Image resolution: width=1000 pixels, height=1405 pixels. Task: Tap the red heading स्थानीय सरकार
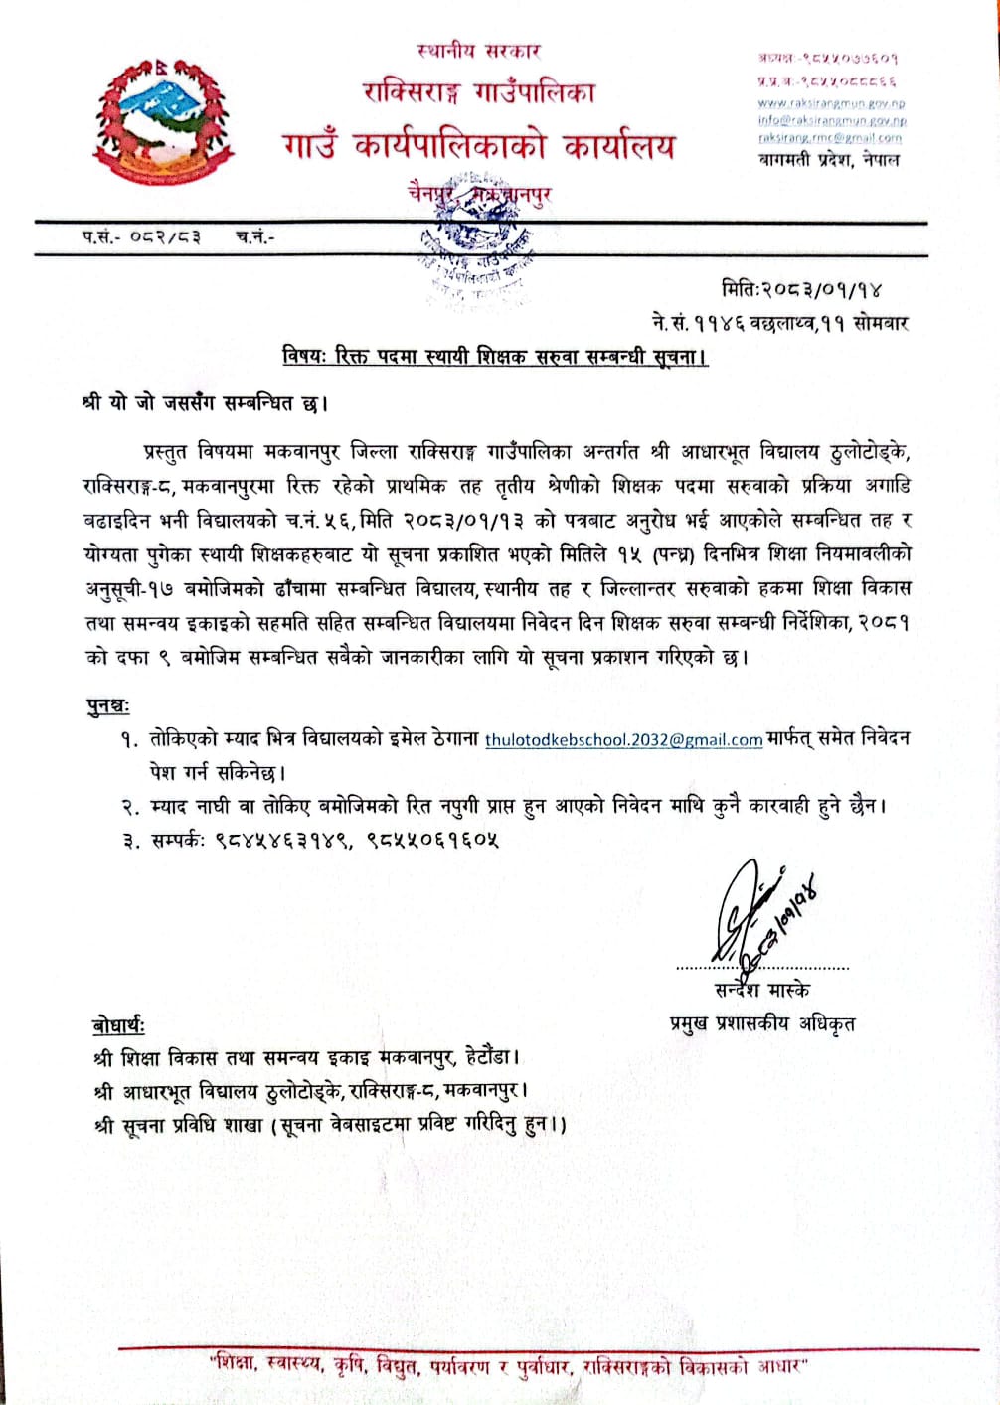(478, 50)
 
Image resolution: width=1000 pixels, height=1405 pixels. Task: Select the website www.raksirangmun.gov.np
(831, 102)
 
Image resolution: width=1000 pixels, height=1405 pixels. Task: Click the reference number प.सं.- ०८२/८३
(141, 236)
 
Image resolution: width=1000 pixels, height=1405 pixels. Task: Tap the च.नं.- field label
(254, 236)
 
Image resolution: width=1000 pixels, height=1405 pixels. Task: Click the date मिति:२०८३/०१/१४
(801, 289)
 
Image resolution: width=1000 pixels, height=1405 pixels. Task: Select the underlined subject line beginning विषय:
(494, 355)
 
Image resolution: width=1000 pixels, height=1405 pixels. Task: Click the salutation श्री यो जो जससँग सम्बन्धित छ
(205, 403)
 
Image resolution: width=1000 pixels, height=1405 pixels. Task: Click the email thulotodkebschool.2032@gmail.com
(623, 739)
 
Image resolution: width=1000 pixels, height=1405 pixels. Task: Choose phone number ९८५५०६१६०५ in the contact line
(431, 840)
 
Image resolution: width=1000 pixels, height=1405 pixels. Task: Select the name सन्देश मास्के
(761, 990)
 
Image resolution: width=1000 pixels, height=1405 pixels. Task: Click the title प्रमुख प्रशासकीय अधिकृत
(762, 1023)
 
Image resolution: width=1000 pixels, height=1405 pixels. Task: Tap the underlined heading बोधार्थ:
(117, 1025)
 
